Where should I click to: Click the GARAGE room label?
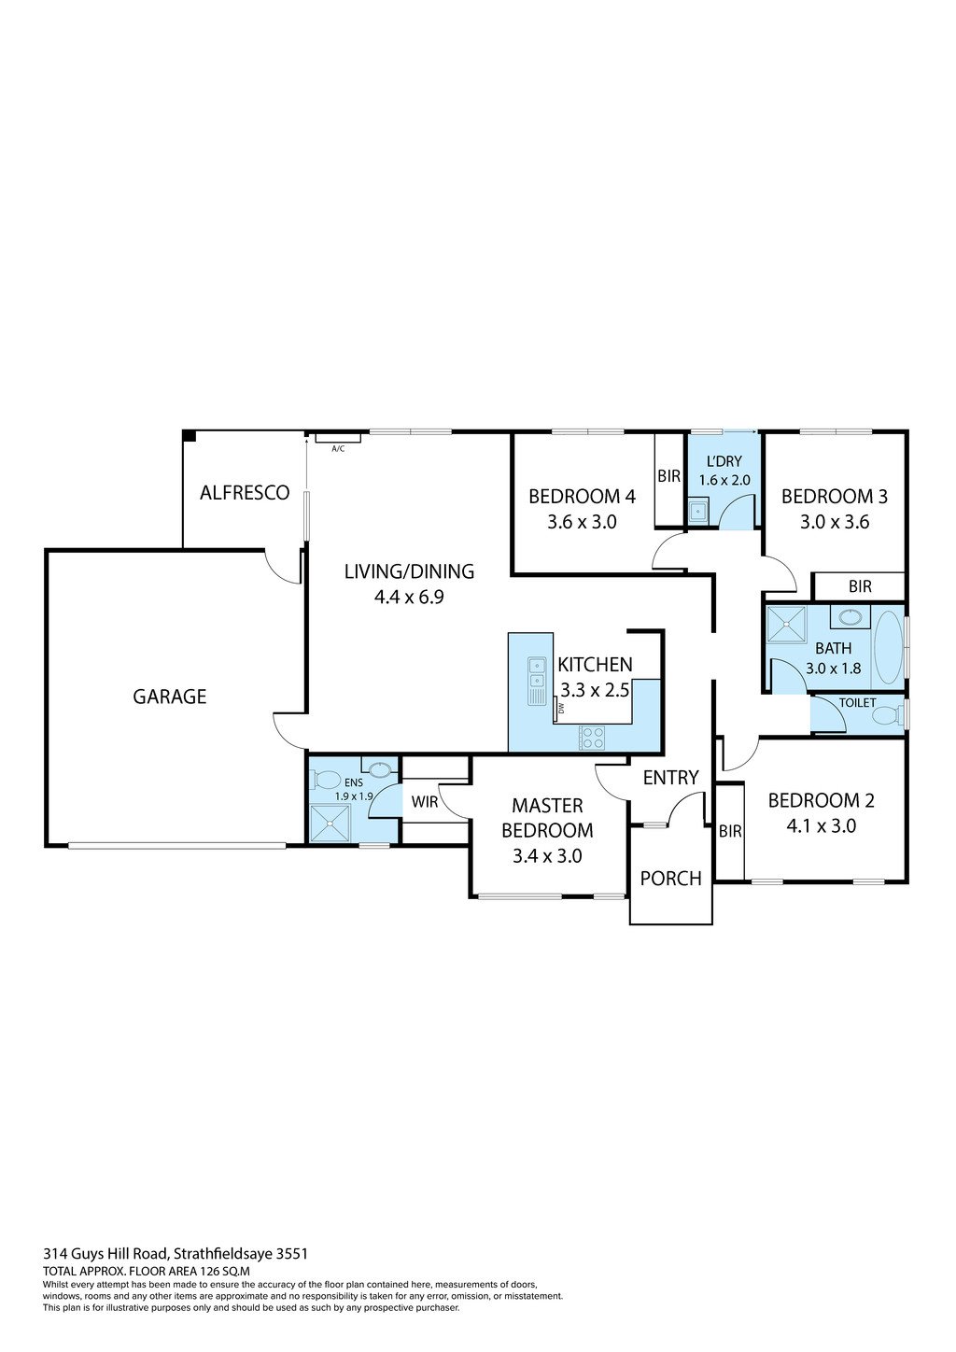pos(169,697)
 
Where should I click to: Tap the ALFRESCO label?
pos(245,493)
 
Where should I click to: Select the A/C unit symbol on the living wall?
pos(338,437)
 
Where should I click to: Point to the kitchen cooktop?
pos(592,737)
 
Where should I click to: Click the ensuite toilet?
pos(327,778)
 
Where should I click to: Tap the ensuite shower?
pos(329,824)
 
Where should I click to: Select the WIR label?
pos(425,802)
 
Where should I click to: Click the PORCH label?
pos(670,879)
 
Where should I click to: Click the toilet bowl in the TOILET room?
pos(884,716)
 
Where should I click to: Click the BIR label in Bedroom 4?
pos(668,476)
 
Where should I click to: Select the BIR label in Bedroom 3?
pos(860,586)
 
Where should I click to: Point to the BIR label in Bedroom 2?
pos(730,831)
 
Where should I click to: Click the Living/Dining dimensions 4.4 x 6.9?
pos(409,597)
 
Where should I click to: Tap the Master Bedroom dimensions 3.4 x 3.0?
pos(547,855)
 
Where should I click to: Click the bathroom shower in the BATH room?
pos(786,625)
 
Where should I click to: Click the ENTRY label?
pos(670,778)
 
